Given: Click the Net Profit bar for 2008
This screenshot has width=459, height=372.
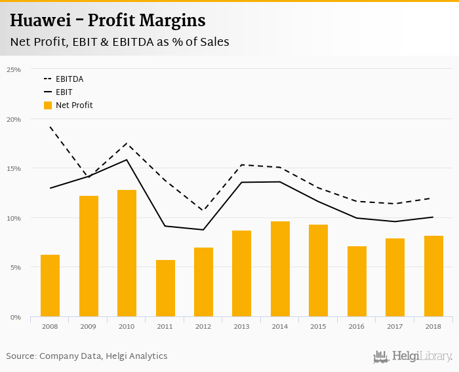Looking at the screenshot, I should (50, 286).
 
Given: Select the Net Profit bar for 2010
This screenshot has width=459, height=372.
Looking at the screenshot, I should (127, 253).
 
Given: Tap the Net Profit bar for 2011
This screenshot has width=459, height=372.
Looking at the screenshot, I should (165, 288).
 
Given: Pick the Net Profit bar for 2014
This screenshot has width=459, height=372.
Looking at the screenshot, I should (280, 269).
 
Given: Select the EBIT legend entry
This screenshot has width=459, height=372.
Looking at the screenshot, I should (64, 92).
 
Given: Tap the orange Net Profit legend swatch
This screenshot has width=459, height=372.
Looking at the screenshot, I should (47, 105).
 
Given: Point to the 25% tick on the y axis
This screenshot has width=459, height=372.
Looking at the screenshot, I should (14, 69).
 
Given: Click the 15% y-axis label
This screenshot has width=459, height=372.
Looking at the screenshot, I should (14, 168).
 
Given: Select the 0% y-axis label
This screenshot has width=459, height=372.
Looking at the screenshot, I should (15, 317).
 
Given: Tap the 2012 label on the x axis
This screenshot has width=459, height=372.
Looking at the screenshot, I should (203, 326).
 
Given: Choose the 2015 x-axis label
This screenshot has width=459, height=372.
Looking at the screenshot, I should (318, 326).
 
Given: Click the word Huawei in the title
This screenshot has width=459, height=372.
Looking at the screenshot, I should (39, 21).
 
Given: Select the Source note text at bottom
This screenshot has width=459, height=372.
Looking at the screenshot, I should (87, 356).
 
